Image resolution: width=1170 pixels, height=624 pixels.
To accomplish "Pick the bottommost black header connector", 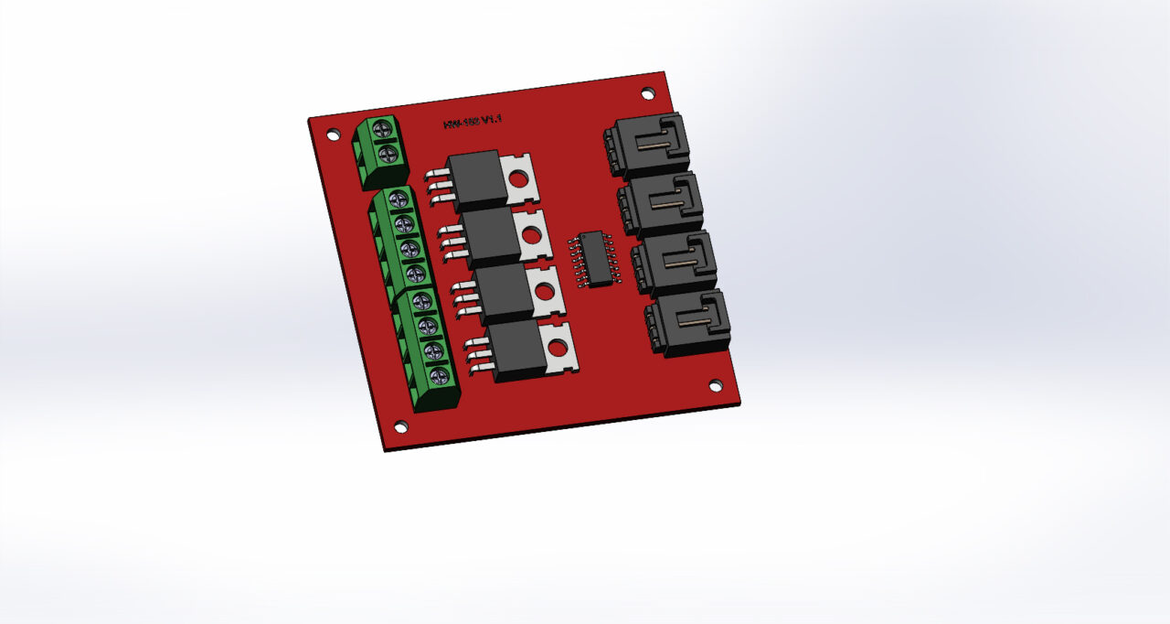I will tap(690, 324).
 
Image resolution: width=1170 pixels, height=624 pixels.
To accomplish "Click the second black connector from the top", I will tap(663, 204).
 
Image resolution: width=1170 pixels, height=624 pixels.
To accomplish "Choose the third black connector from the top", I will tap(676, 264).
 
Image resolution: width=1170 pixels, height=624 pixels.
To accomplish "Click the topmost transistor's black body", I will tap(477, 179).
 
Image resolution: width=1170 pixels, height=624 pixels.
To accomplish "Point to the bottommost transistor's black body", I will tap(519, 350).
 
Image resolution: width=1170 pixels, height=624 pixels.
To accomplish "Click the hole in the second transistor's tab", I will tap(533, 235).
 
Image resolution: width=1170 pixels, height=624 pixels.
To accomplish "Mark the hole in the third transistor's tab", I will tap(545, 293).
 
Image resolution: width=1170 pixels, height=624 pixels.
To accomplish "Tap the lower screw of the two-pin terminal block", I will tap(388, 153).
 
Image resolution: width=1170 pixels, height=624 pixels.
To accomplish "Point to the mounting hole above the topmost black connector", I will tap(647, 93).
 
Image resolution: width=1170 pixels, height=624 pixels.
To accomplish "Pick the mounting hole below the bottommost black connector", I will tap(716, 385).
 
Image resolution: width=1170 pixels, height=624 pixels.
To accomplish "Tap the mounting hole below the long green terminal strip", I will tap(399, 426).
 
